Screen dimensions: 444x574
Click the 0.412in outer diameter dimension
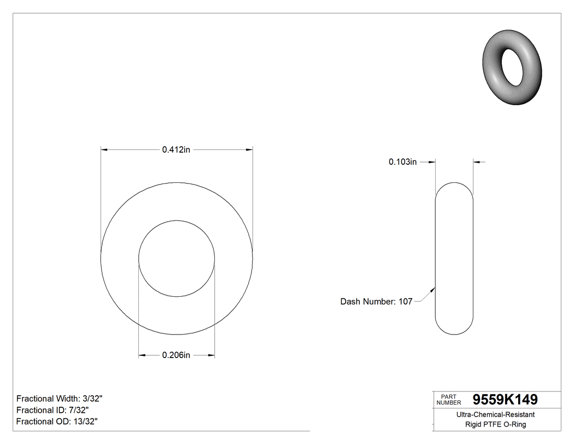[175, 149]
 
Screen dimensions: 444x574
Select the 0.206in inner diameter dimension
[175, 356]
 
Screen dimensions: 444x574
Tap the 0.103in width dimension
[402, 162]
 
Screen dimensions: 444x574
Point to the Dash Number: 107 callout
[376, 301]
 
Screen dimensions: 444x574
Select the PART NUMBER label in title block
[448, 400]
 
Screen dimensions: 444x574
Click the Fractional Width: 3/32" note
[60, 399]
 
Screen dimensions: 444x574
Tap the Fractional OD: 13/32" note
[57, 421]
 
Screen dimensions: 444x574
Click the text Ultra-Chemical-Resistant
[495, 415]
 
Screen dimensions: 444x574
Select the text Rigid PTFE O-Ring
[495, 424]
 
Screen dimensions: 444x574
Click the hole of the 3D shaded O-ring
[513, 67]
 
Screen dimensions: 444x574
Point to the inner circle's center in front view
[177, 258]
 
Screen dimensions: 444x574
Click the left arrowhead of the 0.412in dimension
[104, 149]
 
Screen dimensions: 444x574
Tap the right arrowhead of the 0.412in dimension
[249, 149]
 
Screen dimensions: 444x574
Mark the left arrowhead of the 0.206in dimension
[142, 356]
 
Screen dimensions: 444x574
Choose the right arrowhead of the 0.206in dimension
[212, 356]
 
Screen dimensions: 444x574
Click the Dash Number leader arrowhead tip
[435, 288]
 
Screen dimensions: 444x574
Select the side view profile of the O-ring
[454, 258]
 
